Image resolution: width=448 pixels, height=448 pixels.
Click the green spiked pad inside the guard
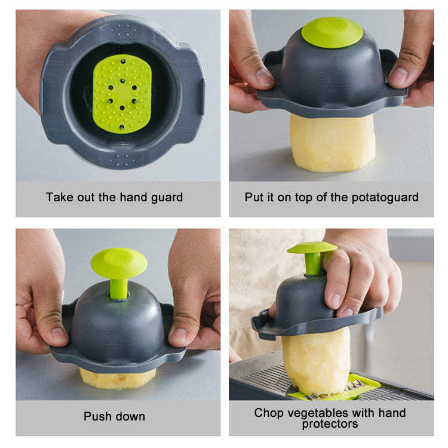122,93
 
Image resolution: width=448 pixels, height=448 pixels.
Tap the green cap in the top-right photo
332,32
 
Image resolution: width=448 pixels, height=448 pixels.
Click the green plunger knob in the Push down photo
118,262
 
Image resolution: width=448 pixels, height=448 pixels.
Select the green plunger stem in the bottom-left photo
118,288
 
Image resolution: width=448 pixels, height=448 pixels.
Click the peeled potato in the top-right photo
332,143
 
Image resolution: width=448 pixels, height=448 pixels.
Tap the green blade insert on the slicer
335,389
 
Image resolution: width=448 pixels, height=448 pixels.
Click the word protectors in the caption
330,424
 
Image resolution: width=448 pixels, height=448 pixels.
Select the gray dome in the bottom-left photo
118,323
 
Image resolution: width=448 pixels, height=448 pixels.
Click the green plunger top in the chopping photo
311,247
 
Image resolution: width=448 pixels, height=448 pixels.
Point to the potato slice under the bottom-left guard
118,378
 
